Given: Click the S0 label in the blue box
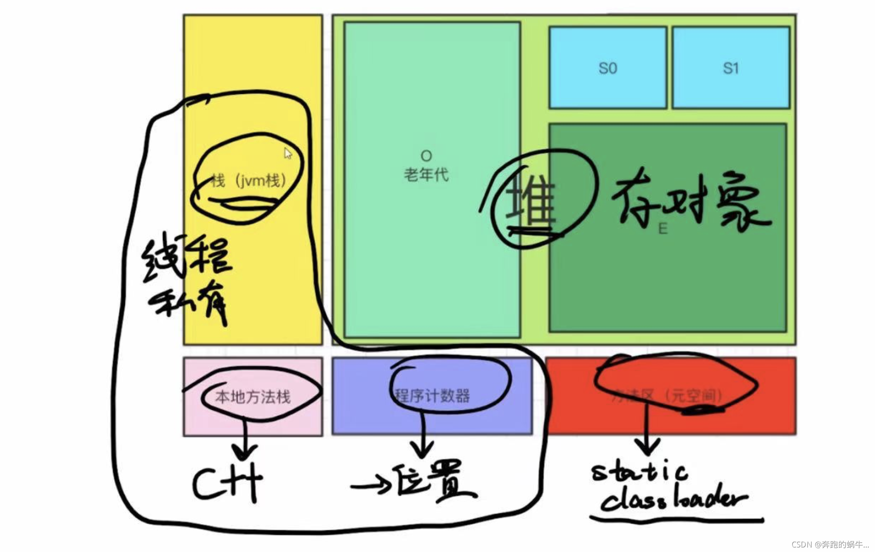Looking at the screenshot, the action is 607,68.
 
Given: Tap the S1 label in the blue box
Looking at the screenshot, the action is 731,68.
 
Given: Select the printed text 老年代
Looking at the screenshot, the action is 426,175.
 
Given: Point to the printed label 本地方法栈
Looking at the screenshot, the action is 253,397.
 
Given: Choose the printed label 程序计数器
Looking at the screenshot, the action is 432,396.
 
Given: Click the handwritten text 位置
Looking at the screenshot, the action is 434,481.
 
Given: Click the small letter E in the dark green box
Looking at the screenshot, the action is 662,229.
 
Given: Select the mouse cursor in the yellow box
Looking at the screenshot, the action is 288,153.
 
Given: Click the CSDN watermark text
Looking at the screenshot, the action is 830,545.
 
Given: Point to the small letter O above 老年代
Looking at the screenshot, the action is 426,156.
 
